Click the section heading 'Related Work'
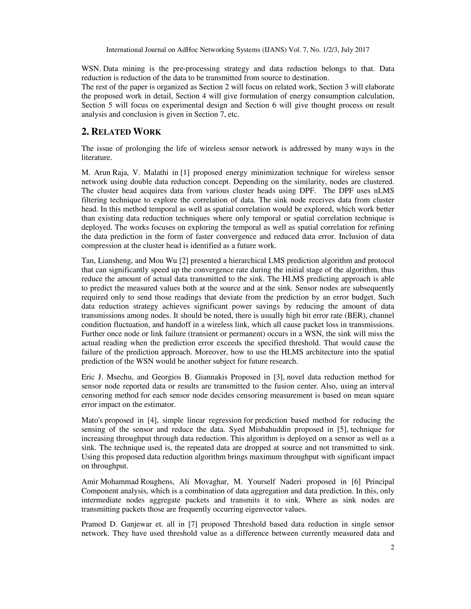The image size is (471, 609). (121, 132)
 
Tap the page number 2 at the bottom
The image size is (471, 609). (392, 547)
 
